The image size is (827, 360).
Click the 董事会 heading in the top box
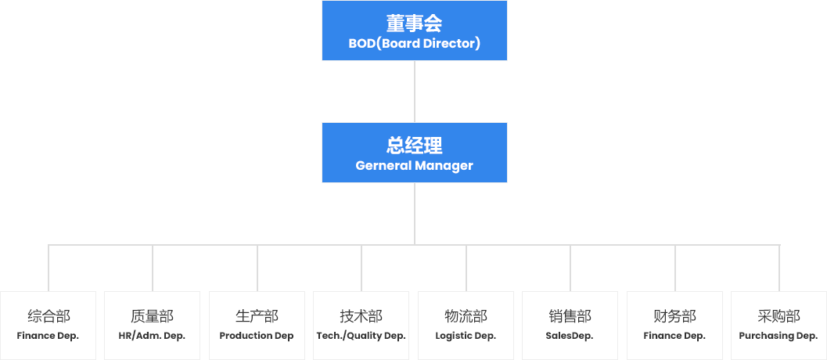[x=414, y=23]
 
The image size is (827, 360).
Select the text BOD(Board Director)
[x=414, y=44]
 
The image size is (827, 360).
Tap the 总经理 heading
[x=414, y=146]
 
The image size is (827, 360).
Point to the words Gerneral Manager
[x=414, y=166]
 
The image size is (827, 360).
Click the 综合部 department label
[x=49, y=317]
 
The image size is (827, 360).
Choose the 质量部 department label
[x=152, y=317]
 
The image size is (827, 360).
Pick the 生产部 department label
[x=257, y=317]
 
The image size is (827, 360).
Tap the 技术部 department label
[x=361, y=317]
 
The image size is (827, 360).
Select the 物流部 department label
[x=466, y=317]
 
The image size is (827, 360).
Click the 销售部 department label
[x=570, y=317]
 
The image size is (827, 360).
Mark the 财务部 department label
[x=674, y=317]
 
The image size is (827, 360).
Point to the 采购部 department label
[x=778, y=317]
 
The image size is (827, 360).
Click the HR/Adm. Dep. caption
[x=152, y=336]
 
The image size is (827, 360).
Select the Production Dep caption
[x=257, y=336]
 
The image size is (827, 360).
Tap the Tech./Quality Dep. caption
[x=361, y=336]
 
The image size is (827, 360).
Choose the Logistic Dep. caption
[x=466, y=336]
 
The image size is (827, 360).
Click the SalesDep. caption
[x=570, y=336]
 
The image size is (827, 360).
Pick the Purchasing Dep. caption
[x=778, y=336]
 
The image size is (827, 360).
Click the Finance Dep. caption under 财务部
[x=674, y=336]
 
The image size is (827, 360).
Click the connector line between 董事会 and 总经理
[x=414, y=92]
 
